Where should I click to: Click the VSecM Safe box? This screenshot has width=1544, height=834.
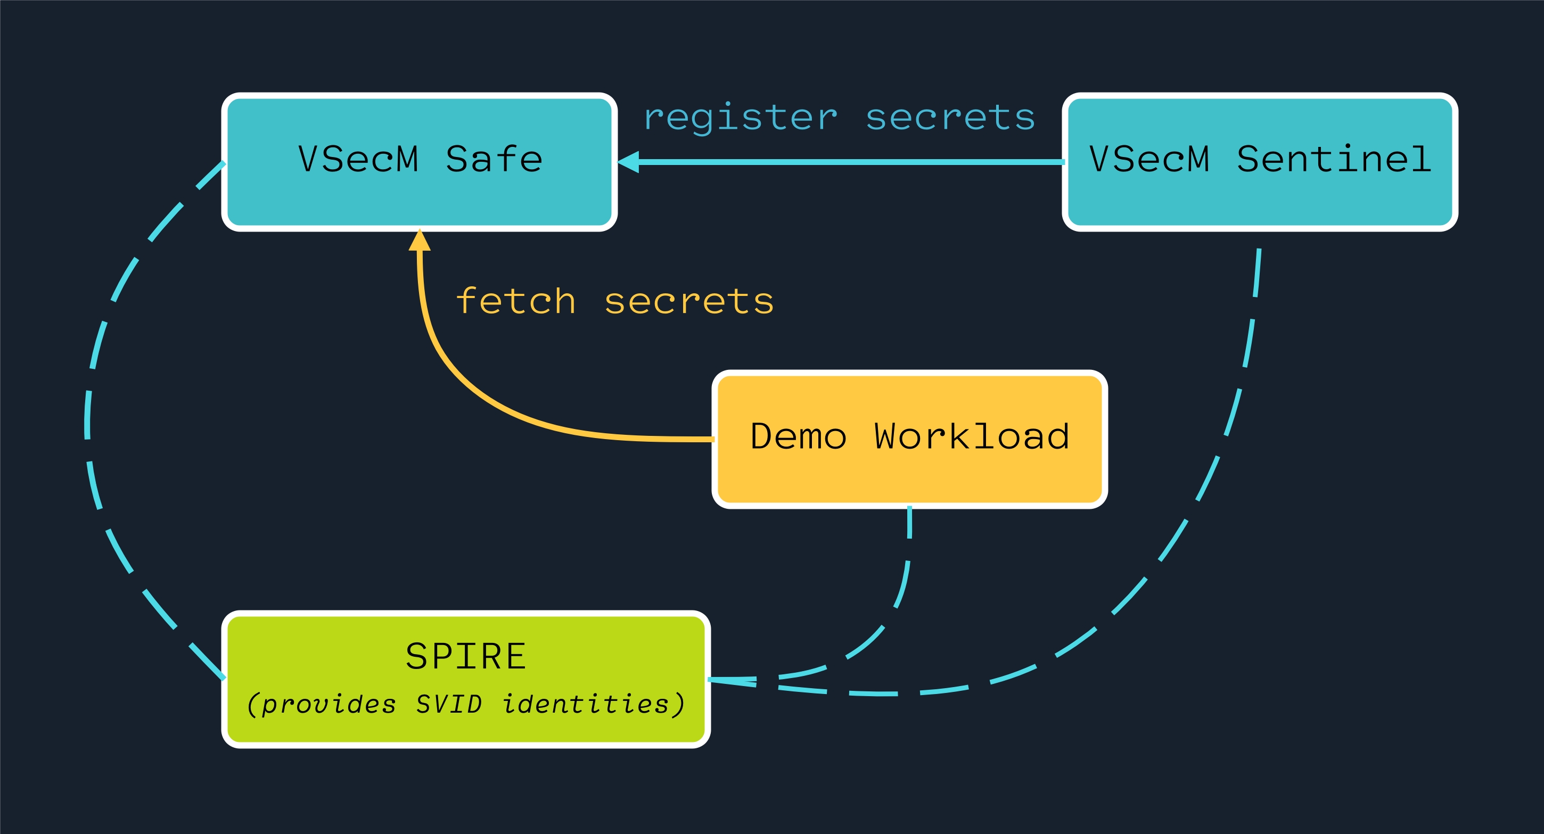(x=420, y=162)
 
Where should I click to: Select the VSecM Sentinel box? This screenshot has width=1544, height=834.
(x=1260, y=162)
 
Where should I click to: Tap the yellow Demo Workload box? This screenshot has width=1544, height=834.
(x=909, y=439)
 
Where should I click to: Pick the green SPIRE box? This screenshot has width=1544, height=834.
(x=466, y=680)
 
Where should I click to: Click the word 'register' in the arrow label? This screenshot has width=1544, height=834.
(x=740, y=117)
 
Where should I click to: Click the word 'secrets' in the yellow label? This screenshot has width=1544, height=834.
(x=689, y=301)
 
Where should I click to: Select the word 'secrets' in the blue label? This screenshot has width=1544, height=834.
(x=950, y=118)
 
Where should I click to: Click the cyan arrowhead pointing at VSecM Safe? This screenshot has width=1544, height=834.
(x=628, y=162)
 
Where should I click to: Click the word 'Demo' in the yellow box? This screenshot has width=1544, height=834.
(x=799, y=436)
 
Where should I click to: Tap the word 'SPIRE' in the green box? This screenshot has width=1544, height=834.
(x=466, y=656)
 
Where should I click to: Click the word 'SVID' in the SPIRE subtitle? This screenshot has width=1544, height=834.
(x=449, y=704)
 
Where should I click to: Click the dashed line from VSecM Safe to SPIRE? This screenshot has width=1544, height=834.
(x=87, y=419)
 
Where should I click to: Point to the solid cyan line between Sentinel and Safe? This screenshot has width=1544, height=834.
(x=852, y=162)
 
